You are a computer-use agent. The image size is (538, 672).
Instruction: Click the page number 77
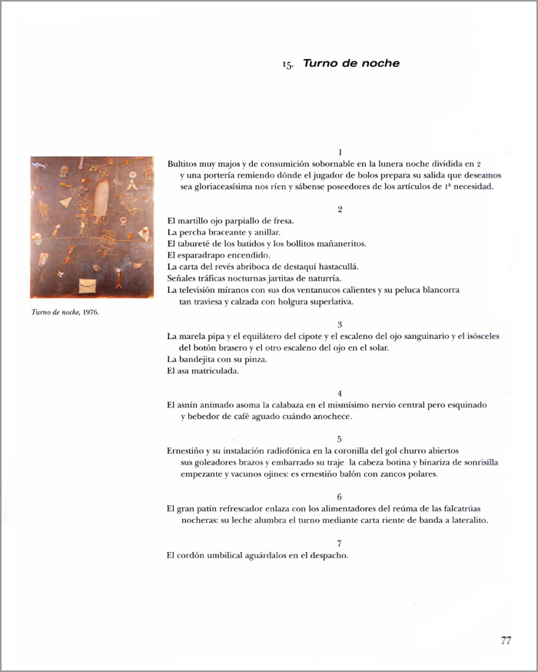506,640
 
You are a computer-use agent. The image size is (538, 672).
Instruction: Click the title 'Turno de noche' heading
351,64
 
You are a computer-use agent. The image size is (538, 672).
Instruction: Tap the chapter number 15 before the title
287,65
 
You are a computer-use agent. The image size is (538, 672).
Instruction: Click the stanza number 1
340,152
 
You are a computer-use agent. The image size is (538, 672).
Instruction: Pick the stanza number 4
340,393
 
